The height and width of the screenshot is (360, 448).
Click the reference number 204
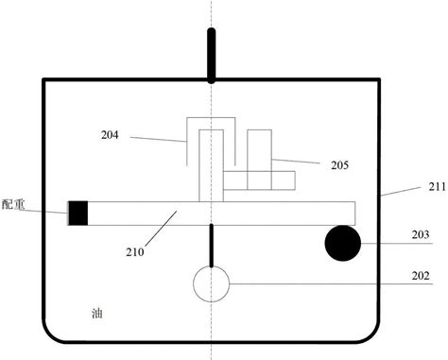(111, 135)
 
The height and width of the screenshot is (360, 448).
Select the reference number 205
(340, 165)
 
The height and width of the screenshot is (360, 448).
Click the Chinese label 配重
(15, 204)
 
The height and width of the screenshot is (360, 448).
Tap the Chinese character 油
(96, 313)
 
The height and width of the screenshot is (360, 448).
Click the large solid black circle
(343, 243)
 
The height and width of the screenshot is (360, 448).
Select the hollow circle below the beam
(211, 283)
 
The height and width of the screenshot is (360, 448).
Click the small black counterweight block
(78, 213)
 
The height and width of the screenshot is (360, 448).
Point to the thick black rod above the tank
(211, 54)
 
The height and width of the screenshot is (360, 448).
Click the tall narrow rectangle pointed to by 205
(258, 150)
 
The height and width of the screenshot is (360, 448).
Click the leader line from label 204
(159, 139)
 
